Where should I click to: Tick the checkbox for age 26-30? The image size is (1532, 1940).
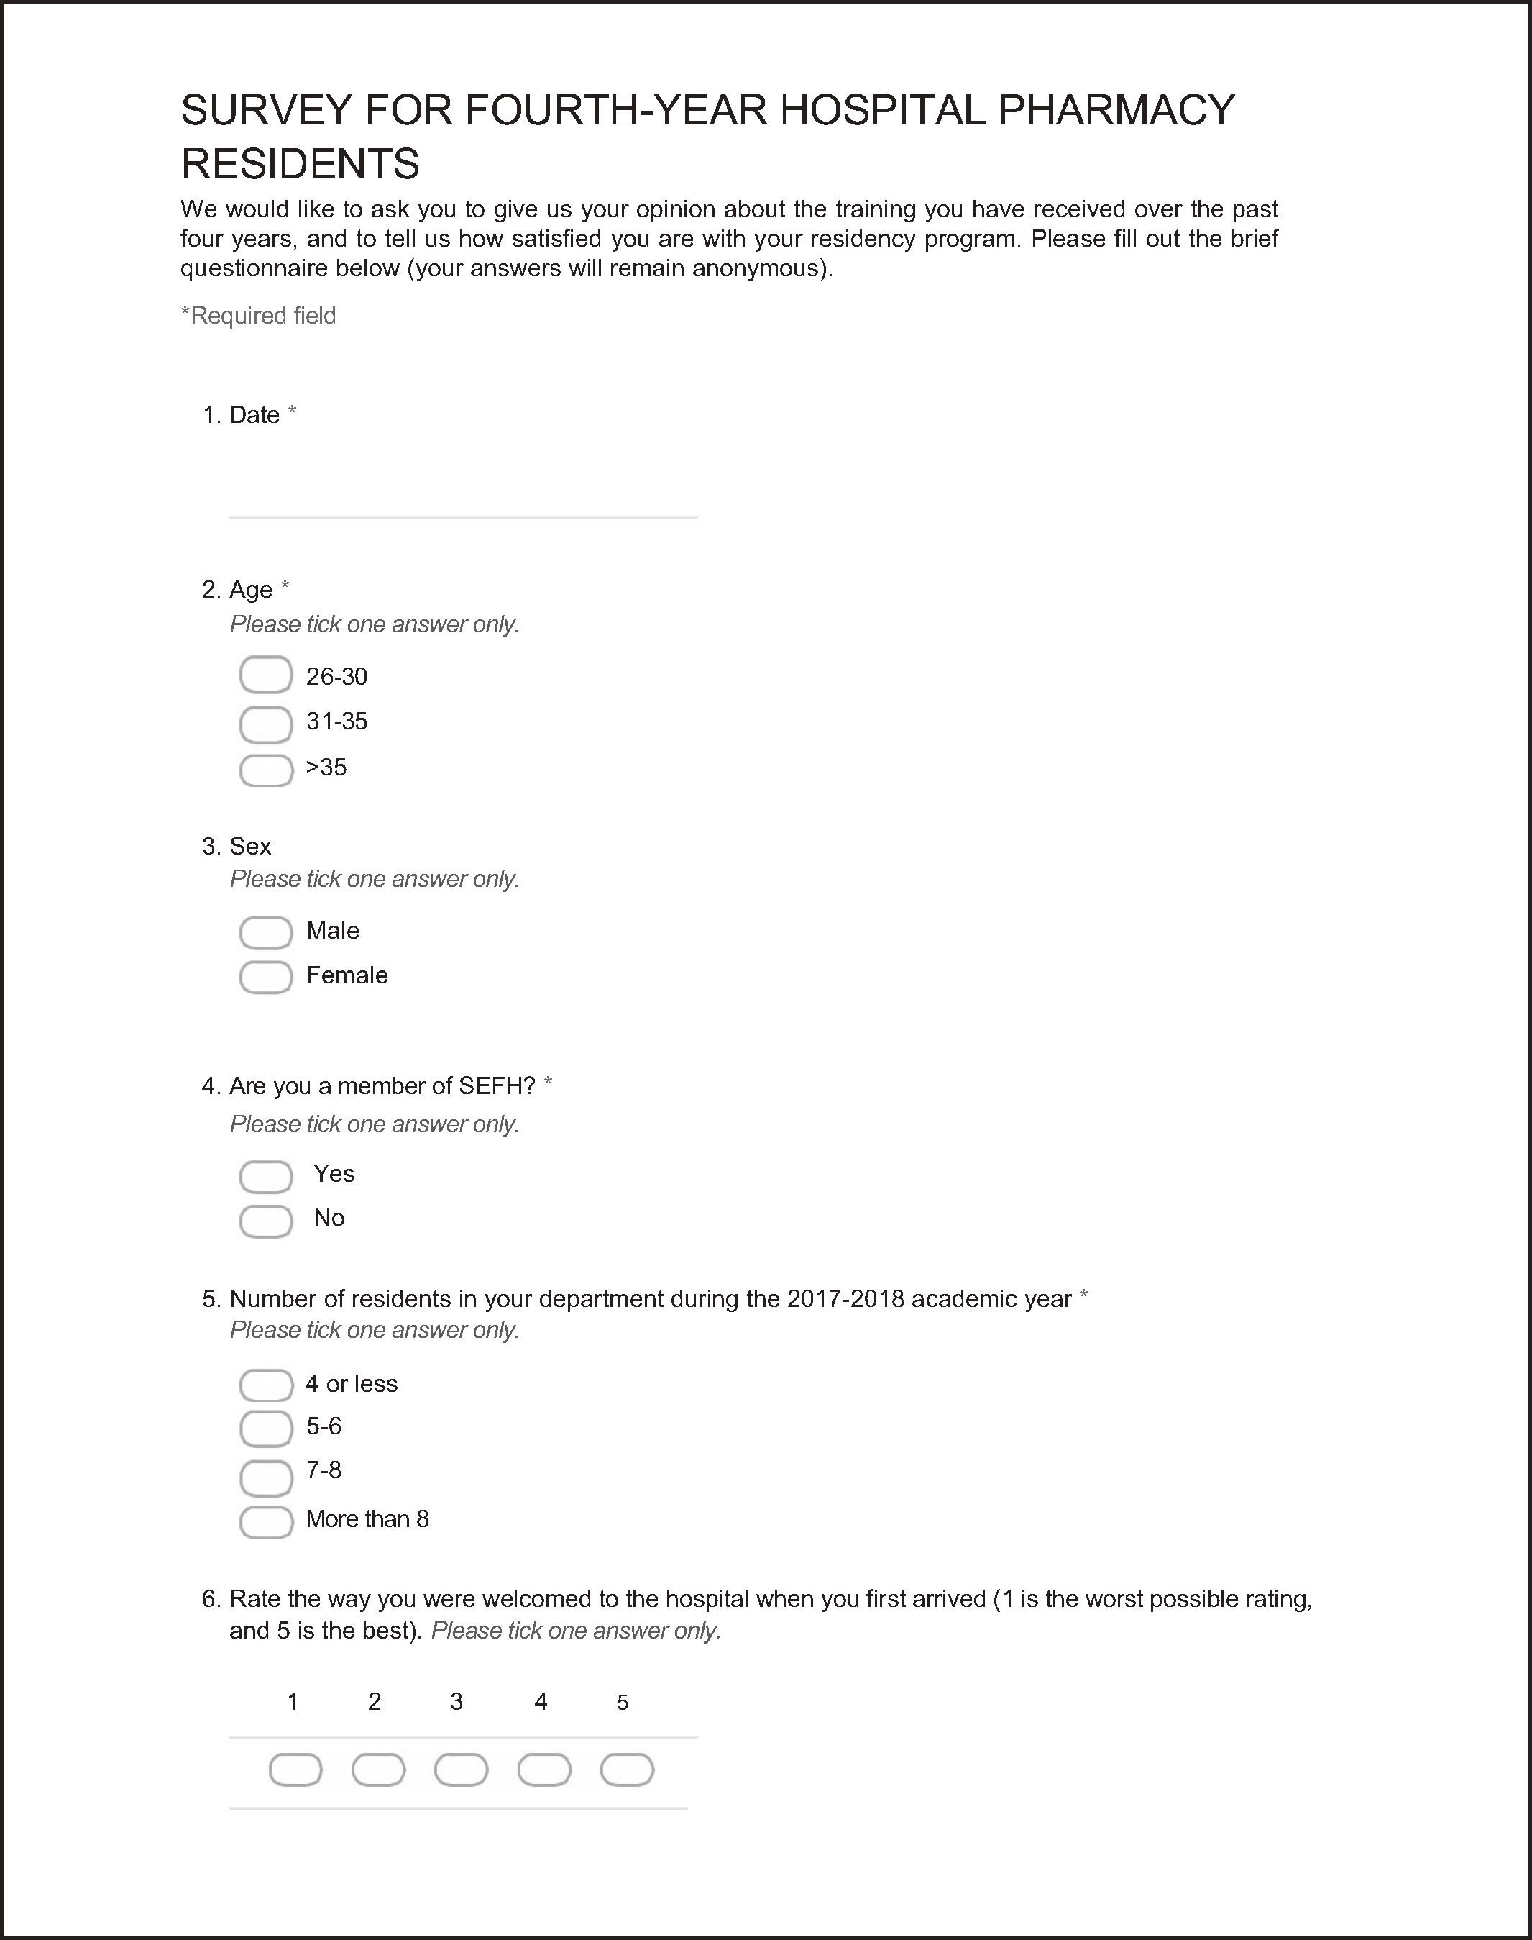point(265,675)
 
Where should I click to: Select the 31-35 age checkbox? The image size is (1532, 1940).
point(265,724)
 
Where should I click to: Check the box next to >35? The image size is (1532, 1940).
point(265,770)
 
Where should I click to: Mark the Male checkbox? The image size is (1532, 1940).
point(265,932)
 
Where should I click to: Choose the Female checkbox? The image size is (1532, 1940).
point(265,977)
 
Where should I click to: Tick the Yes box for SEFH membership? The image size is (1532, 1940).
point(265,1176)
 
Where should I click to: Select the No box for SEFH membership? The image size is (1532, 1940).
point(265,1221)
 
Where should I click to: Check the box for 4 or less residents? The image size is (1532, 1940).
point(265,1385)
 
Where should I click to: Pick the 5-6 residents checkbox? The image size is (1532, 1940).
point(265,1429)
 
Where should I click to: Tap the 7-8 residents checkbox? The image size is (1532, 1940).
point(265,1477)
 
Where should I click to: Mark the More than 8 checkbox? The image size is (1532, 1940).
point(265,1522)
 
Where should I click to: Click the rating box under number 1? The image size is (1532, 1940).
point(295,1770)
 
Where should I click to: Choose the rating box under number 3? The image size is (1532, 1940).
point(461,1770)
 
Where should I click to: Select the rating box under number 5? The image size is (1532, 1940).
point(627,1770)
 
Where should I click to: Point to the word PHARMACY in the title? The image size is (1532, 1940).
point(1116,110)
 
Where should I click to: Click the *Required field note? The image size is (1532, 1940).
point(258,316)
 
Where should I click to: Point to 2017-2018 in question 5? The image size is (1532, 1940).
point(845,1299)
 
